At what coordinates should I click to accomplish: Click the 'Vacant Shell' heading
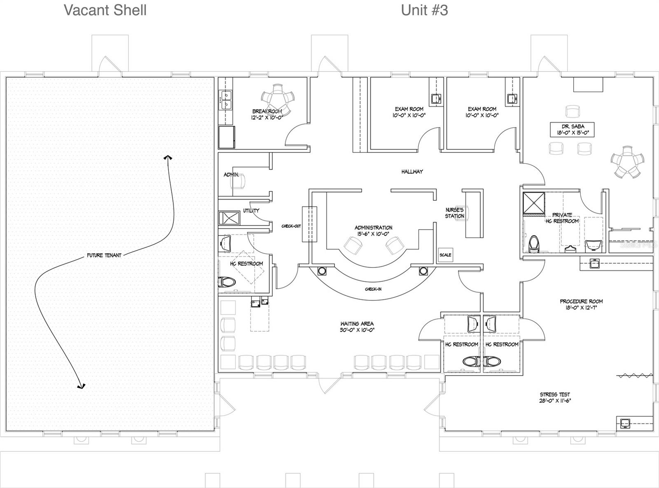pos(105,10)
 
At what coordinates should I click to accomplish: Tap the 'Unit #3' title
pos(424,10)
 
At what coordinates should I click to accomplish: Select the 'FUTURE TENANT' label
pos(104,255)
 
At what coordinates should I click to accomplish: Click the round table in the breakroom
pos(278,99)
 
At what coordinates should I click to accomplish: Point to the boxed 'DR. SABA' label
pos(573,130)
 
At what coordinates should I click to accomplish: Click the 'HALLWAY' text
pos(412,172)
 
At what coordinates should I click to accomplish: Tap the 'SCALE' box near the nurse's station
pos(445,255)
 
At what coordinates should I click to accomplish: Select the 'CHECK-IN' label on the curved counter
pos(373,289)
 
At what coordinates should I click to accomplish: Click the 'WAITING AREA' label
pos(357,327)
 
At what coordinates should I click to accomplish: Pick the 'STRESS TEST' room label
pos(555,397)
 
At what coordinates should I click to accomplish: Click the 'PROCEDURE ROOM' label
pos(581,304)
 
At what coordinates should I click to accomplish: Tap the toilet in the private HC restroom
pos(534,243)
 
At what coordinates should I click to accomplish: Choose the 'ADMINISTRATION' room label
pos(373,230)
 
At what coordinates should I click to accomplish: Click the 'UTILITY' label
pos(251,211)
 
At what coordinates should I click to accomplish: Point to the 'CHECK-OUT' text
pos(291,226)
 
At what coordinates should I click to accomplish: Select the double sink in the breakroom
pos(226,100)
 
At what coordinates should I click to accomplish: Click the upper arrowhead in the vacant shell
pos(168,158)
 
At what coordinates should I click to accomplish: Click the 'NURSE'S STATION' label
pos(454,213)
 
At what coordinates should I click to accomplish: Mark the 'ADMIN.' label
pos(231,175)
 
